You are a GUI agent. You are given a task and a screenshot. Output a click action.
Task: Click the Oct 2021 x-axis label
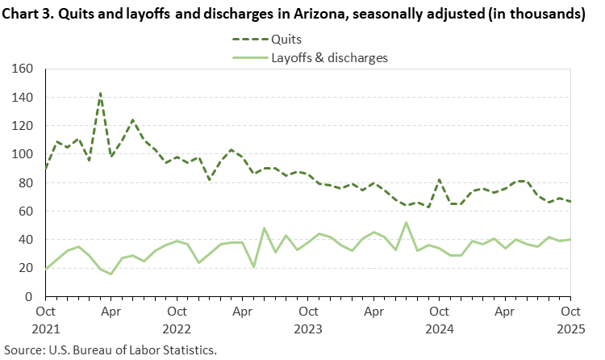coord(46,319)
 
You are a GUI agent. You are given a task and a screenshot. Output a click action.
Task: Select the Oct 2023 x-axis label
coord(307,319)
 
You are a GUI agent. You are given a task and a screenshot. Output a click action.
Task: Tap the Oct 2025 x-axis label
coord(570,319)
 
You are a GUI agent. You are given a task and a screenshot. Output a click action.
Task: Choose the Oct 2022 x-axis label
coord(177,319)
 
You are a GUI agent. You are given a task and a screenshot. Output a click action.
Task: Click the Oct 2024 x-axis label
coord(439,319)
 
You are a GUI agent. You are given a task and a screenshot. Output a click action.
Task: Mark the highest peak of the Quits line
coord(100,93)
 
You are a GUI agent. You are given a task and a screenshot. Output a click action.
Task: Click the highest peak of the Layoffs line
coord(406,223)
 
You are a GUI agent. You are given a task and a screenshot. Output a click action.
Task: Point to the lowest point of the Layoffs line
coord(111,274)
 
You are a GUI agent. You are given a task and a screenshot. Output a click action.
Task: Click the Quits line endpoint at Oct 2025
coord(570,202)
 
